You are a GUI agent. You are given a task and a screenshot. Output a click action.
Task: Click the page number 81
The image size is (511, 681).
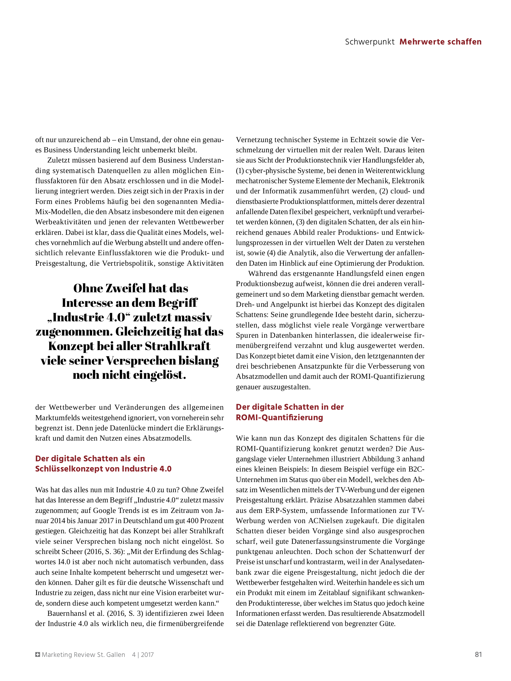[478, 654]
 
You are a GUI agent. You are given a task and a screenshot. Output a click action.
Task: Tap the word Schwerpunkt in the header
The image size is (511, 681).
[369, 42]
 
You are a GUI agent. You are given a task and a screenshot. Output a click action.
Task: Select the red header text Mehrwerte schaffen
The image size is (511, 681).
[440, 42]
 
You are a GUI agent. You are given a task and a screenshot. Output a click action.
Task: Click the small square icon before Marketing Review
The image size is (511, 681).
[38, 654]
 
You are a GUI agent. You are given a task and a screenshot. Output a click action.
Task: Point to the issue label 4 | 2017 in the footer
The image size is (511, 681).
[143, 654]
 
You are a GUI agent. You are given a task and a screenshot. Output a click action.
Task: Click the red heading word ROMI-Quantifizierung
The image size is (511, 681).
[279, 417]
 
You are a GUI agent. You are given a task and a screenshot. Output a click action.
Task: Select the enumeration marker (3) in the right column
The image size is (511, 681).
[300, 222]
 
